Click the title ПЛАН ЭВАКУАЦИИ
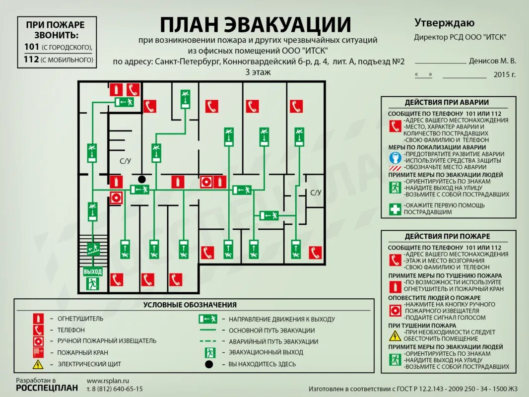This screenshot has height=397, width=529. (x=255, y=24)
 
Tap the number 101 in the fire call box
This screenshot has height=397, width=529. (x=33, y=47)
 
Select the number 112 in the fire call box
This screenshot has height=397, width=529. (x=33, y=60)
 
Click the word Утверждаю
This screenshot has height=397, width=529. (x=444, y=23)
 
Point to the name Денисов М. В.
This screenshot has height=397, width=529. (x=492, y=61)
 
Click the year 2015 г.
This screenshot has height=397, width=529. (x=505, y=75)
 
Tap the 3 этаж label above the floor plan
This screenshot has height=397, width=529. (x=259, y=72)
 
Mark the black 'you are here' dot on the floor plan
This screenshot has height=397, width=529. (x=142, y=179)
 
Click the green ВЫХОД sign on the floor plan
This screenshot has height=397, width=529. (x=92, y=271)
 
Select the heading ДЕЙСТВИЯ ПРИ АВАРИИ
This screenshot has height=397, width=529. (x=447, y=102)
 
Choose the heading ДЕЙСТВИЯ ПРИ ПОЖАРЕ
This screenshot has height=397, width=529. (x=447, y=236)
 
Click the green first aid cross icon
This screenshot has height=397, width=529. (x=395, y=209)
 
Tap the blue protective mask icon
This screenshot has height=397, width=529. (x=395, y=158)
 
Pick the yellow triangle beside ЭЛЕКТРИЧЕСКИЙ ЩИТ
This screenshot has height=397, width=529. (x=38, y=364)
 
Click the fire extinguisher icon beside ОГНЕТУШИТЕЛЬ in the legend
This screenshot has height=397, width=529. (x=38, y=318)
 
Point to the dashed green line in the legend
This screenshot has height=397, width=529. (x=208, y=341)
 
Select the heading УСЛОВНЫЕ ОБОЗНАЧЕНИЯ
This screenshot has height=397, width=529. (x=190, y=305)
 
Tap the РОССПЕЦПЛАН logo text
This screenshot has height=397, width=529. (x=47, y=388)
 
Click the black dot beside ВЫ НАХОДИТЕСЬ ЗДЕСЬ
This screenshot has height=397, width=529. (x=209, y=364)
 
